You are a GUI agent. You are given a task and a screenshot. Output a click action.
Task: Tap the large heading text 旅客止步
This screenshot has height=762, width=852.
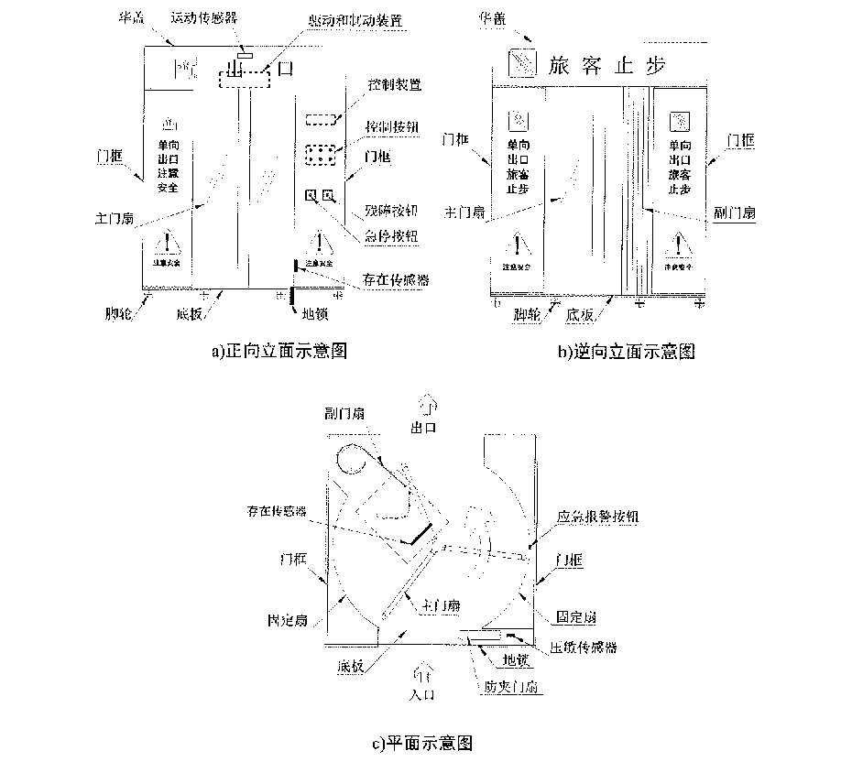605,65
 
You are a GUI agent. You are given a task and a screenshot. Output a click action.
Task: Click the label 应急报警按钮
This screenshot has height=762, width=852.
598,517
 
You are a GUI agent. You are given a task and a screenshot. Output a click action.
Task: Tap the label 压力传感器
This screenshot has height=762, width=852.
582,648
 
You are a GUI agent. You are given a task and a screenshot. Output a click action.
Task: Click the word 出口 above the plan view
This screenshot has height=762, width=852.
426,429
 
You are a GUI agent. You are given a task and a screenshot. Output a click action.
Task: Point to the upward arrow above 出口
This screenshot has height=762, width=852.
426,401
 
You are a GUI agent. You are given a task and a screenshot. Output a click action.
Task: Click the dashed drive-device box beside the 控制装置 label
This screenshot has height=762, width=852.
320,119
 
